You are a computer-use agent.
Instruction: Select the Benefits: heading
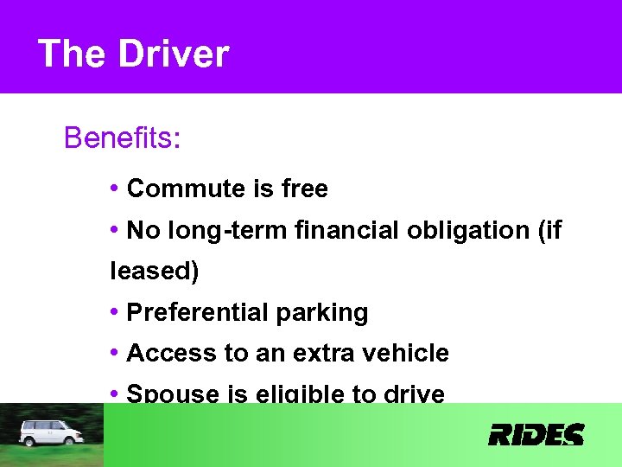pos(122,138)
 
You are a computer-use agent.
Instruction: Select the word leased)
pos(155,272)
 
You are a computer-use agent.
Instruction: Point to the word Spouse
pos(173,394)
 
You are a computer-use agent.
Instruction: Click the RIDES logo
pos(536,434)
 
